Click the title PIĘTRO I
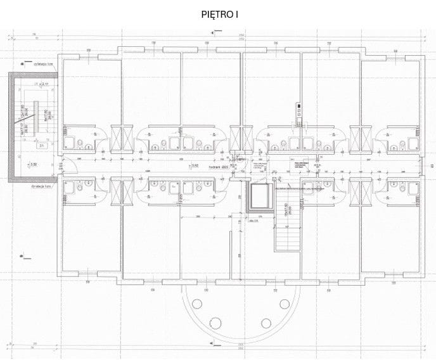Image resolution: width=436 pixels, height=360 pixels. pyautogui.click(x=219, y=13)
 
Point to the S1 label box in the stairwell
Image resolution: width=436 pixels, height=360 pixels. pyautogui.click(x=40, y=146)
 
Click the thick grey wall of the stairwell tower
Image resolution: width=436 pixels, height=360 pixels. pyautogui.click(x=11, y=127)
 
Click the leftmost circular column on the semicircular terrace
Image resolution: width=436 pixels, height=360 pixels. pyautogui.click(x=198, y=304)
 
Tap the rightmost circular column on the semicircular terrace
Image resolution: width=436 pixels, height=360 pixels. pyautogui.click(x=284, y=304)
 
